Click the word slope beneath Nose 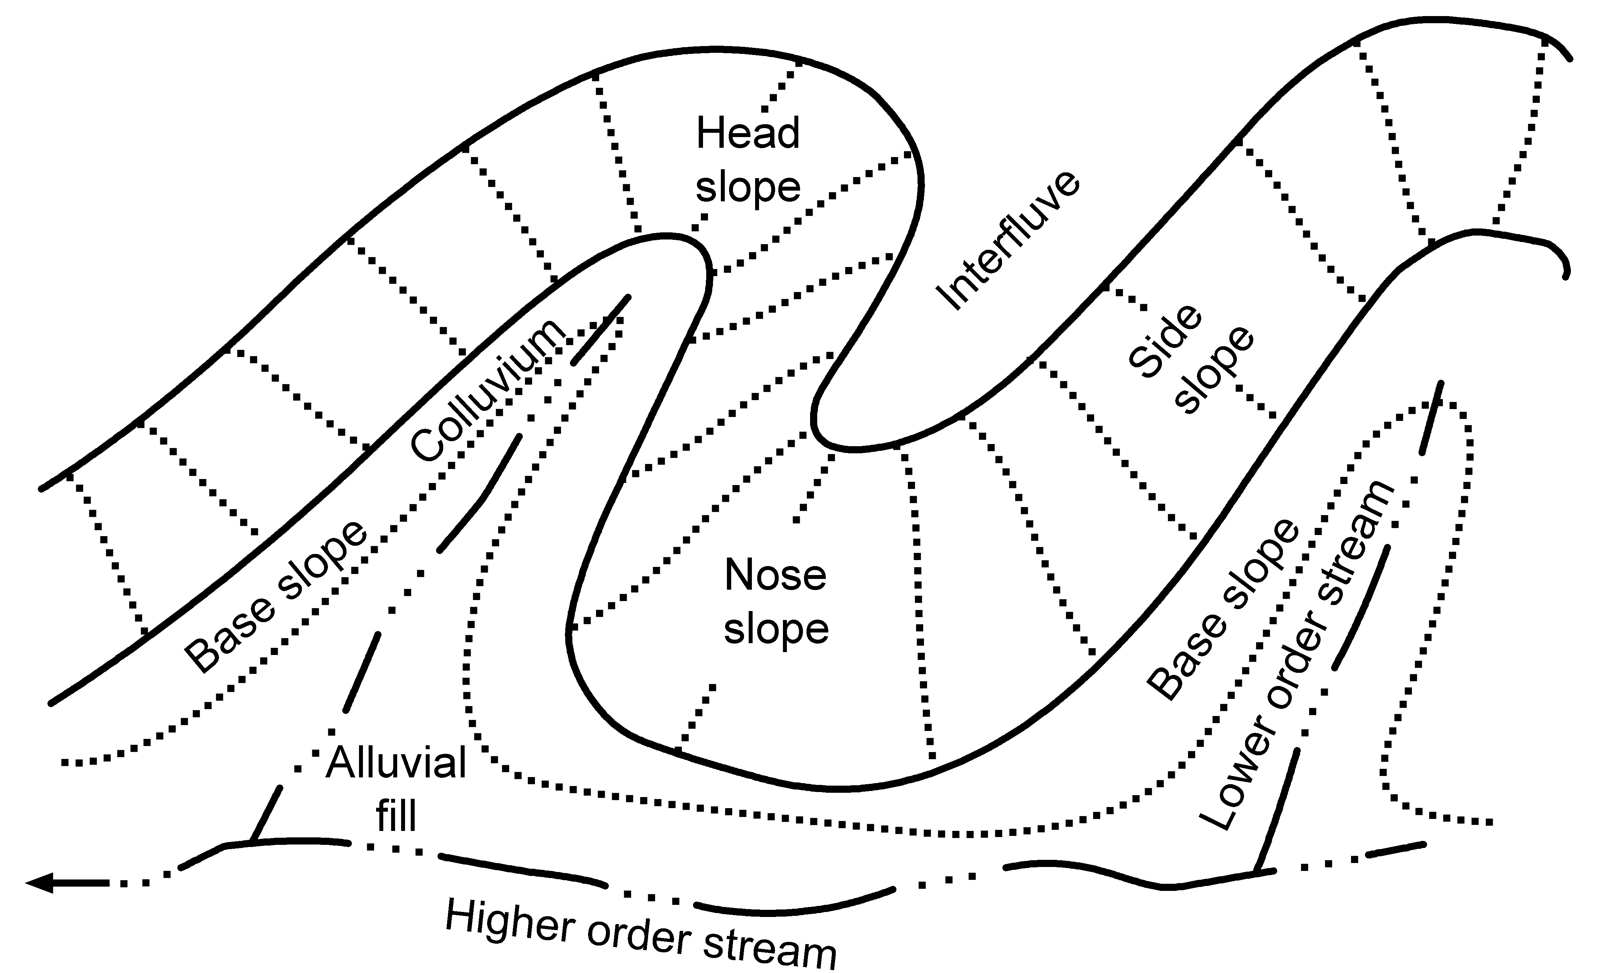(776, 629)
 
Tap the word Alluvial (396, 763)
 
